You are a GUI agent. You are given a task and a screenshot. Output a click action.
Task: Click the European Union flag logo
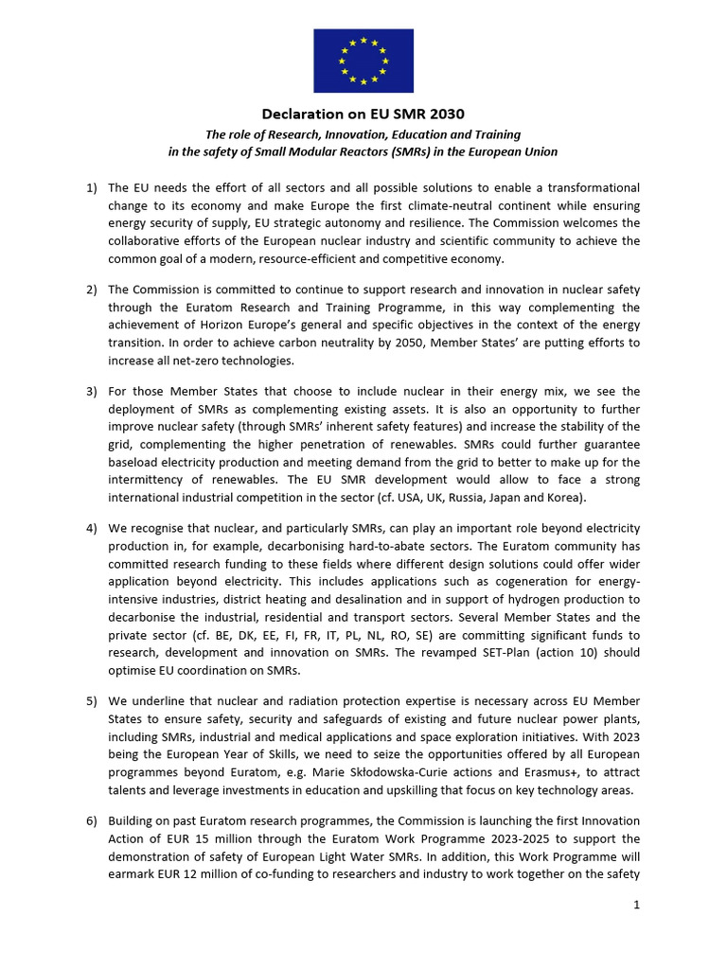tap(363, 61)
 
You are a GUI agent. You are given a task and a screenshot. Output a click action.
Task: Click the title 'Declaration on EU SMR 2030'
tap(363, 115)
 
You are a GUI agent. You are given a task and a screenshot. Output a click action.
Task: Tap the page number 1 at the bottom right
tap(637, 905)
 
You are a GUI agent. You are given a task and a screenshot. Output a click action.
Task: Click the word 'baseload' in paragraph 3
tap(138, 463)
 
